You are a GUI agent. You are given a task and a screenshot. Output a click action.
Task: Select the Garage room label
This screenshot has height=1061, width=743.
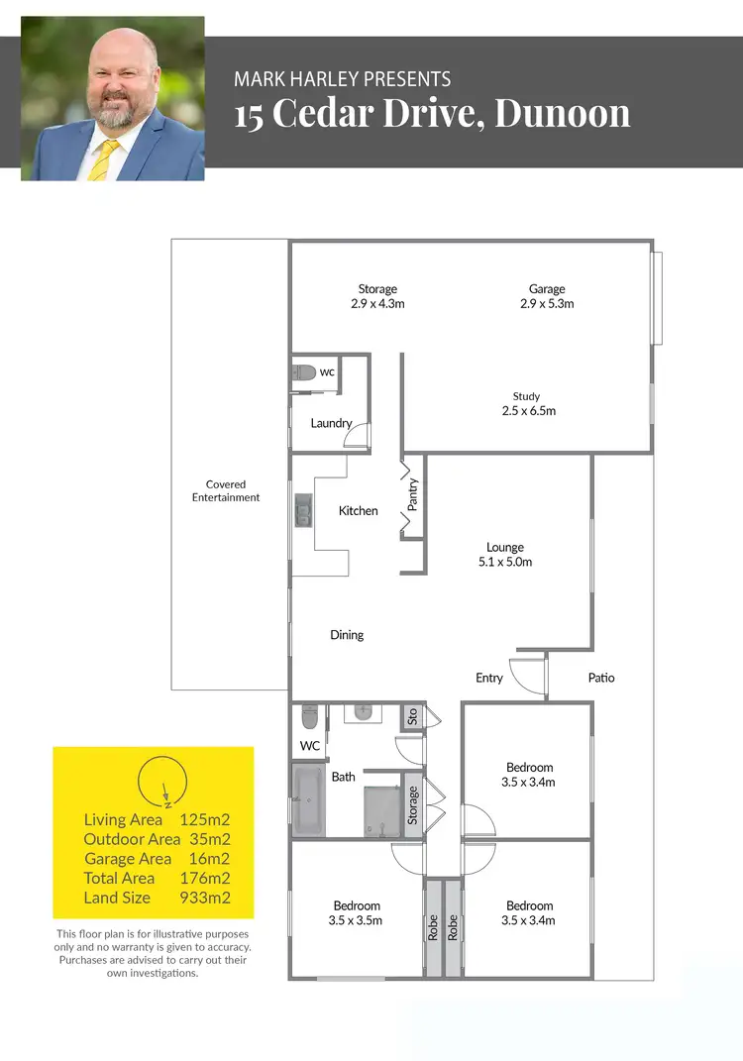pyautogui.click(x=547, y=289)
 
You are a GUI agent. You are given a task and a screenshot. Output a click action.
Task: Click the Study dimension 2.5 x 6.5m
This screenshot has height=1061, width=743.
pyautogui.click(x=527, y=410)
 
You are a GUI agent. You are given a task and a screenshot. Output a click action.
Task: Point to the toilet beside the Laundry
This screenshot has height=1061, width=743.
pyautogui.click(x=304, y=372)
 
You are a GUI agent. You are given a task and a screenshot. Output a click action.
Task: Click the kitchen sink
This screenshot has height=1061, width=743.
pyautogui.click(x=301, y=510)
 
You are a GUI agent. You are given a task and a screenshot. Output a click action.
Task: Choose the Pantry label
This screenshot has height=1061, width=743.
pyautogui.click(x=413, y=494)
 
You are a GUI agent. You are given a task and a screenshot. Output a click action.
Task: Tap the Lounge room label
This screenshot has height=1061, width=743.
pyautogui.click(x=505, y=547)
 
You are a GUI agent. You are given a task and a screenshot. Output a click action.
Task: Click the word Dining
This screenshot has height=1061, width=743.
pyautogui.click(x=347, y=635)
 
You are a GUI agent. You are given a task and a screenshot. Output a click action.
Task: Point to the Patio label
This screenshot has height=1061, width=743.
pyautogui.click(x=601, y=678)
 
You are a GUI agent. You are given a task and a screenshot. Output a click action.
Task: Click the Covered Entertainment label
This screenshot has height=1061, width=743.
pyautogui.click(x=226, y=491)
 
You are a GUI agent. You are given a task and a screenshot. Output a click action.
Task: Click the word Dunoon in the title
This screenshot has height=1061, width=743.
pyautogui.click(x=562, y=113)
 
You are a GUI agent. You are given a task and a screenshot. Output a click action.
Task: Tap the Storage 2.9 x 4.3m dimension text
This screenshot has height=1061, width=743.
pyautogui.click(x=377, y=303)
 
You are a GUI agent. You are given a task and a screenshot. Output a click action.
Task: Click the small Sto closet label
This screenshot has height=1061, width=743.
pyautogui.click(x=412, y=715)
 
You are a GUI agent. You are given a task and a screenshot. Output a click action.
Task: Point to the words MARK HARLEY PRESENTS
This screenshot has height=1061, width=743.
pyautogui.click(x=343, y=79)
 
